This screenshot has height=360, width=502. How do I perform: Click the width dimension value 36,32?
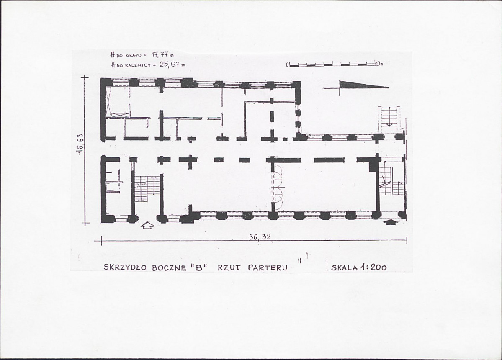coord(260,237)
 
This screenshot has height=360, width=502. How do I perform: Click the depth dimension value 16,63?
coord(80,144)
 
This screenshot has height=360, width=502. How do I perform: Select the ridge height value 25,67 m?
coord(172,64)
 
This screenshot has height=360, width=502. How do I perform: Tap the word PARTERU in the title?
coord(268,267)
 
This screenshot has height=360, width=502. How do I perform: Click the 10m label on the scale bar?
coord(379,64)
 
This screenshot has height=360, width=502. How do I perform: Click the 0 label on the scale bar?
coord(288,65)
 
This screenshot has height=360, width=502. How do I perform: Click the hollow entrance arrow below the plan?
coord(147,226)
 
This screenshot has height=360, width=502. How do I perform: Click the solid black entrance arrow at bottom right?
coord(390,221)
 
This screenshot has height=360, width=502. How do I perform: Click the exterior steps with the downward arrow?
coord(389,119)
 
